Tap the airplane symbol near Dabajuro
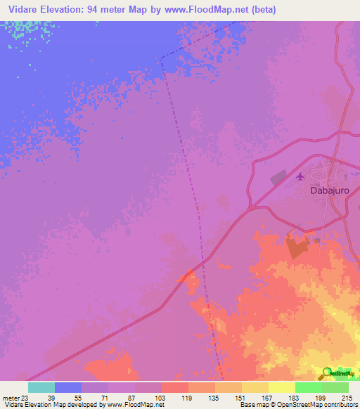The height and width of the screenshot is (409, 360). click(x=301, y=176)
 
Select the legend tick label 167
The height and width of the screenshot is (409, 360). click(x=269, y=397)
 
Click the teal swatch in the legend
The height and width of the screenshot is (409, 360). click(x=41, y=387)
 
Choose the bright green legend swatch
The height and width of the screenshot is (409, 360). click(x=308, y=387)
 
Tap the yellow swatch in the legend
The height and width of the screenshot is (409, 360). click(x=281, y=387)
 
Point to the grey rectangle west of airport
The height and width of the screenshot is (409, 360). click(x=278, y=178)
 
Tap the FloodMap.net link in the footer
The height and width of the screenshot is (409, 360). click(x=137, y=405)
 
